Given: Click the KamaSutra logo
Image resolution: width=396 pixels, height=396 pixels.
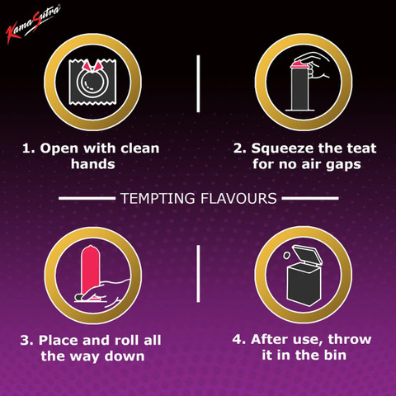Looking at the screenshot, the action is (32, 24).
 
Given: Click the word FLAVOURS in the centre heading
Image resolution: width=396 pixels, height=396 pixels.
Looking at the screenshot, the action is (238, 199).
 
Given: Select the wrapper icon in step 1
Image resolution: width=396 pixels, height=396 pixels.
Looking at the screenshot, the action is (92, 82).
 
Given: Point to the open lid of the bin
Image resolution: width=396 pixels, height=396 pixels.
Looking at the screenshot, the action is (308, 255).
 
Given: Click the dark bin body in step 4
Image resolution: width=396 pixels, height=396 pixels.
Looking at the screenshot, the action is (304, 284).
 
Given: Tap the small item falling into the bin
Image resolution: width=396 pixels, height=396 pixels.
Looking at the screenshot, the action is (286, 255).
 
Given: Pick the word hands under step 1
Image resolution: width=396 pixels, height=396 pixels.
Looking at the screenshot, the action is (93, 164).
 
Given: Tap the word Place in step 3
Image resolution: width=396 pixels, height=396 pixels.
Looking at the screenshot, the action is (59, 340).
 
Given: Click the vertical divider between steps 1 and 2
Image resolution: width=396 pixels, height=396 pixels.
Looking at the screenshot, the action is (198, 83).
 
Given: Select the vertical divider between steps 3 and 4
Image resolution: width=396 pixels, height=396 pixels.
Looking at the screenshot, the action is (198, 274).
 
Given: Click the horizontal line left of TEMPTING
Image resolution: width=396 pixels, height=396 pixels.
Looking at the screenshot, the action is (87, 198).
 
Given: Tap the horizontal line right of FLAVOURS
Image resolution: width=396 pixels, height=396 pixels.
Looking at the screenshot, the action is (310, 198).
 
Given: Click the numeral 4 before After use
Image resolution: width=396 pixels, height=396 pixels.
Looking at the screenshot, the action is (237, 339).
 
